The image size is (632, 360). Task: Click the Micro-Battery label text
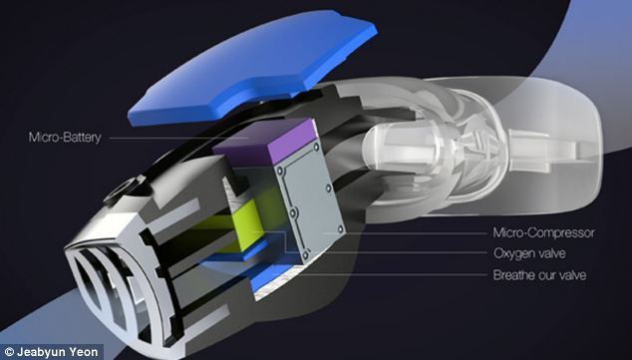[x=65, y=138]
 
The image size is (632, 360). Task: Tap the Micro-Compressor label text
[x=543, y=232]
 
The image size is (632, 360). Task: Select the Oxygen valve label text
[x=529, y=253]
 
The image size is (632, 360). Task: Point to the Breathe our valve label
[x=539, y=275]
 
